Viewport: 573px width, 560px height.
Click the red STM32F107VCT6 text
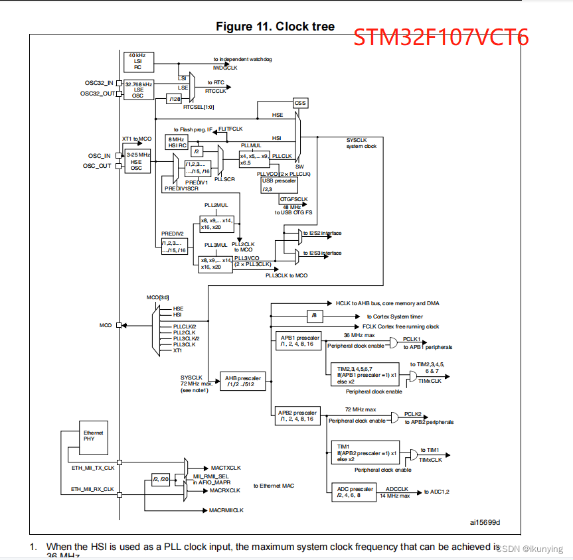(x=440, y=38)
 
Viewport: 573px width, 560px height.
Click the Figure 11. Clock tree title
(x=275, y=27)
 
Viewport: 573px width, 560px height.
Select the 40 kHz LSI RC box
(x=138, y=61)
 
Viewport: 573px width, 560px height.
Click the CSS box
(x=300, y=103)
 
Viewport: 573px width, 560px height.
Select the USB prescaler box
(x=279, y=184)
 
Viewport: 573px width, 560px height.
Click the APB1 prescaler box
(x=299, y=341)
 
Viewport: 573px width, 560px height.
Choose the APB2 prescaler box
(x=299, y=415)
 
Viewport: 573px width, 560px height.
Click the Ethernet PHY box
(x=92, y=435)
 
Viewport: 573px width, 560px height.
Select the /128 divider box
(x=174, y=99)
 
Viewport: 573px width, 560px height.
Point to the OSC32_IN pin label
(x=100, y=83)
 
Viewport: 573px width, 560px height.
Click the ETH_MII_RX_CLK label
(x=92, y=489)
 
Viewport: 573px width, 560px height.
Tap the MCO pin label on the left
(x=106, y=325)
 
